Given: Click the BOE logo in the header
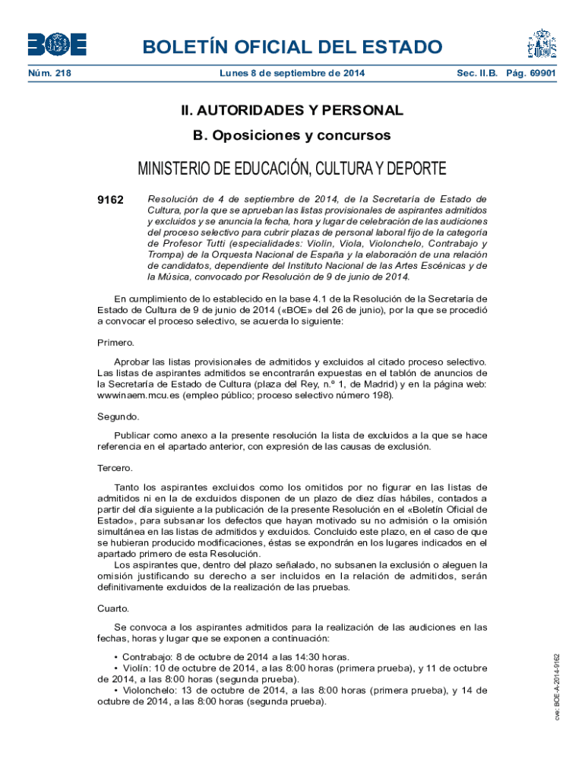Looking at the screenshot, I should click(x=57, y=44).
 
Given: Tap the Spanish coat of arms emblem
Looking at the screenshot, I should click(x=542, y=45).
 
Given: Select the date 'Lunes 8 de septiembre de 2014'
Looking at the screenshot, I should click(x=292, y=73).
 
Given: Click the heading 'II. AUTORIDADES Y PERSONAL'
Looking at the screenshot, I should click(x=292, y=111).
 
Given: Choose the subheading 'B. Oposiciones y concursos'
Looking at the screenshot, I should click(x=292, y=136).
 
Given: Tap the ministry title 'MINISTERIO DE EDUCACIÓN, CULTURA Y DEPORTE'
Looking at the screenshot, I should click(x=292, y=169).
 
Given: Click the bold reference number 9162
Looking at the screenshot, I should click(x=111, y=200).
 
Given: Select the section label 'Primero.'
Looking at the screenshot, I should click(x=115, y=343).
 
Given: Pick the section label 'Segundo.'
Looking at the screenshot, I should click(x=118, y=416).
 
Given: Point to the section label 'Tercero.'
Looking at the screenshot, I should click(x=115, y=468).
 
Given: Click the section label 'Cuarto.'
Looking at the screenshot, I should click(x=113, y=609).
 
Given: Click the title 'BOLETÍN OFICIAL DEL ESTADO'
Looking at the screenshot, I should click(x=292, y=47).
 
